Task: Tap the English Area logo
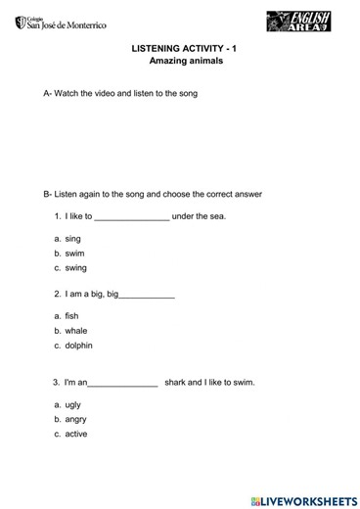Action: point(297,23)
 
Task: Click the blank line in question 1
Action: point(132,217)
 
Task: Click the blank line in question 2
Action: point(146,295)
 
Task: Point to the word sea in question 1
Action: point(217,216)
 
